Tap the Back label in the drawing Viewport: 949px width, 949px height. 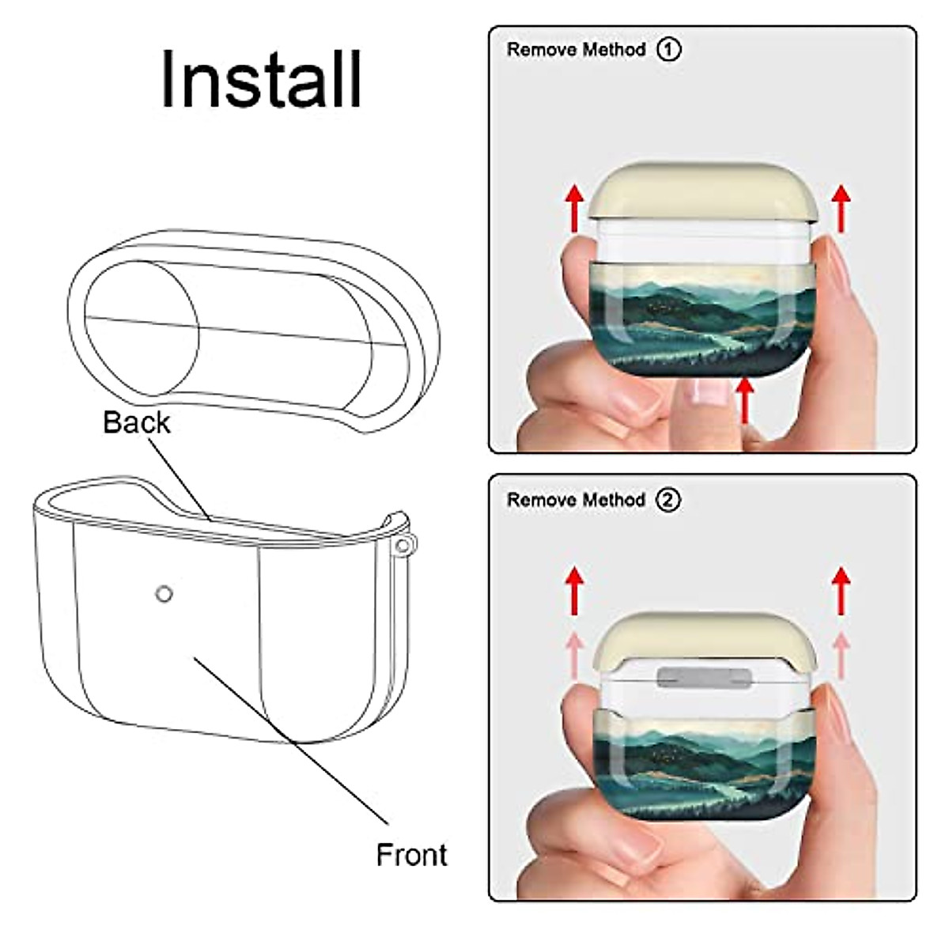pyautogui.click(x=136, y=422)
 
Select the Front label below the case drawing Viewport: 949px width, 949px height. pyautogui.click(x=411, y=855)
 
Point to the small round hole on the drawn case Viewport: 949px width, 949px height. pyautogui.click(x=164, y=593)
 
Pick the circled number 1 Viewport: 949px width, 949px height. pyautogui.click(x=669, y=50)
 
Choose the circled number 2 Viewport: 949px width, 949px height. pyautogui.click(x=669, y=501)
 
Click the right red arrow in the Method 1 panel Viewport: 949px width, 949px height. pyautogui.click(x=842, y=207)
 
